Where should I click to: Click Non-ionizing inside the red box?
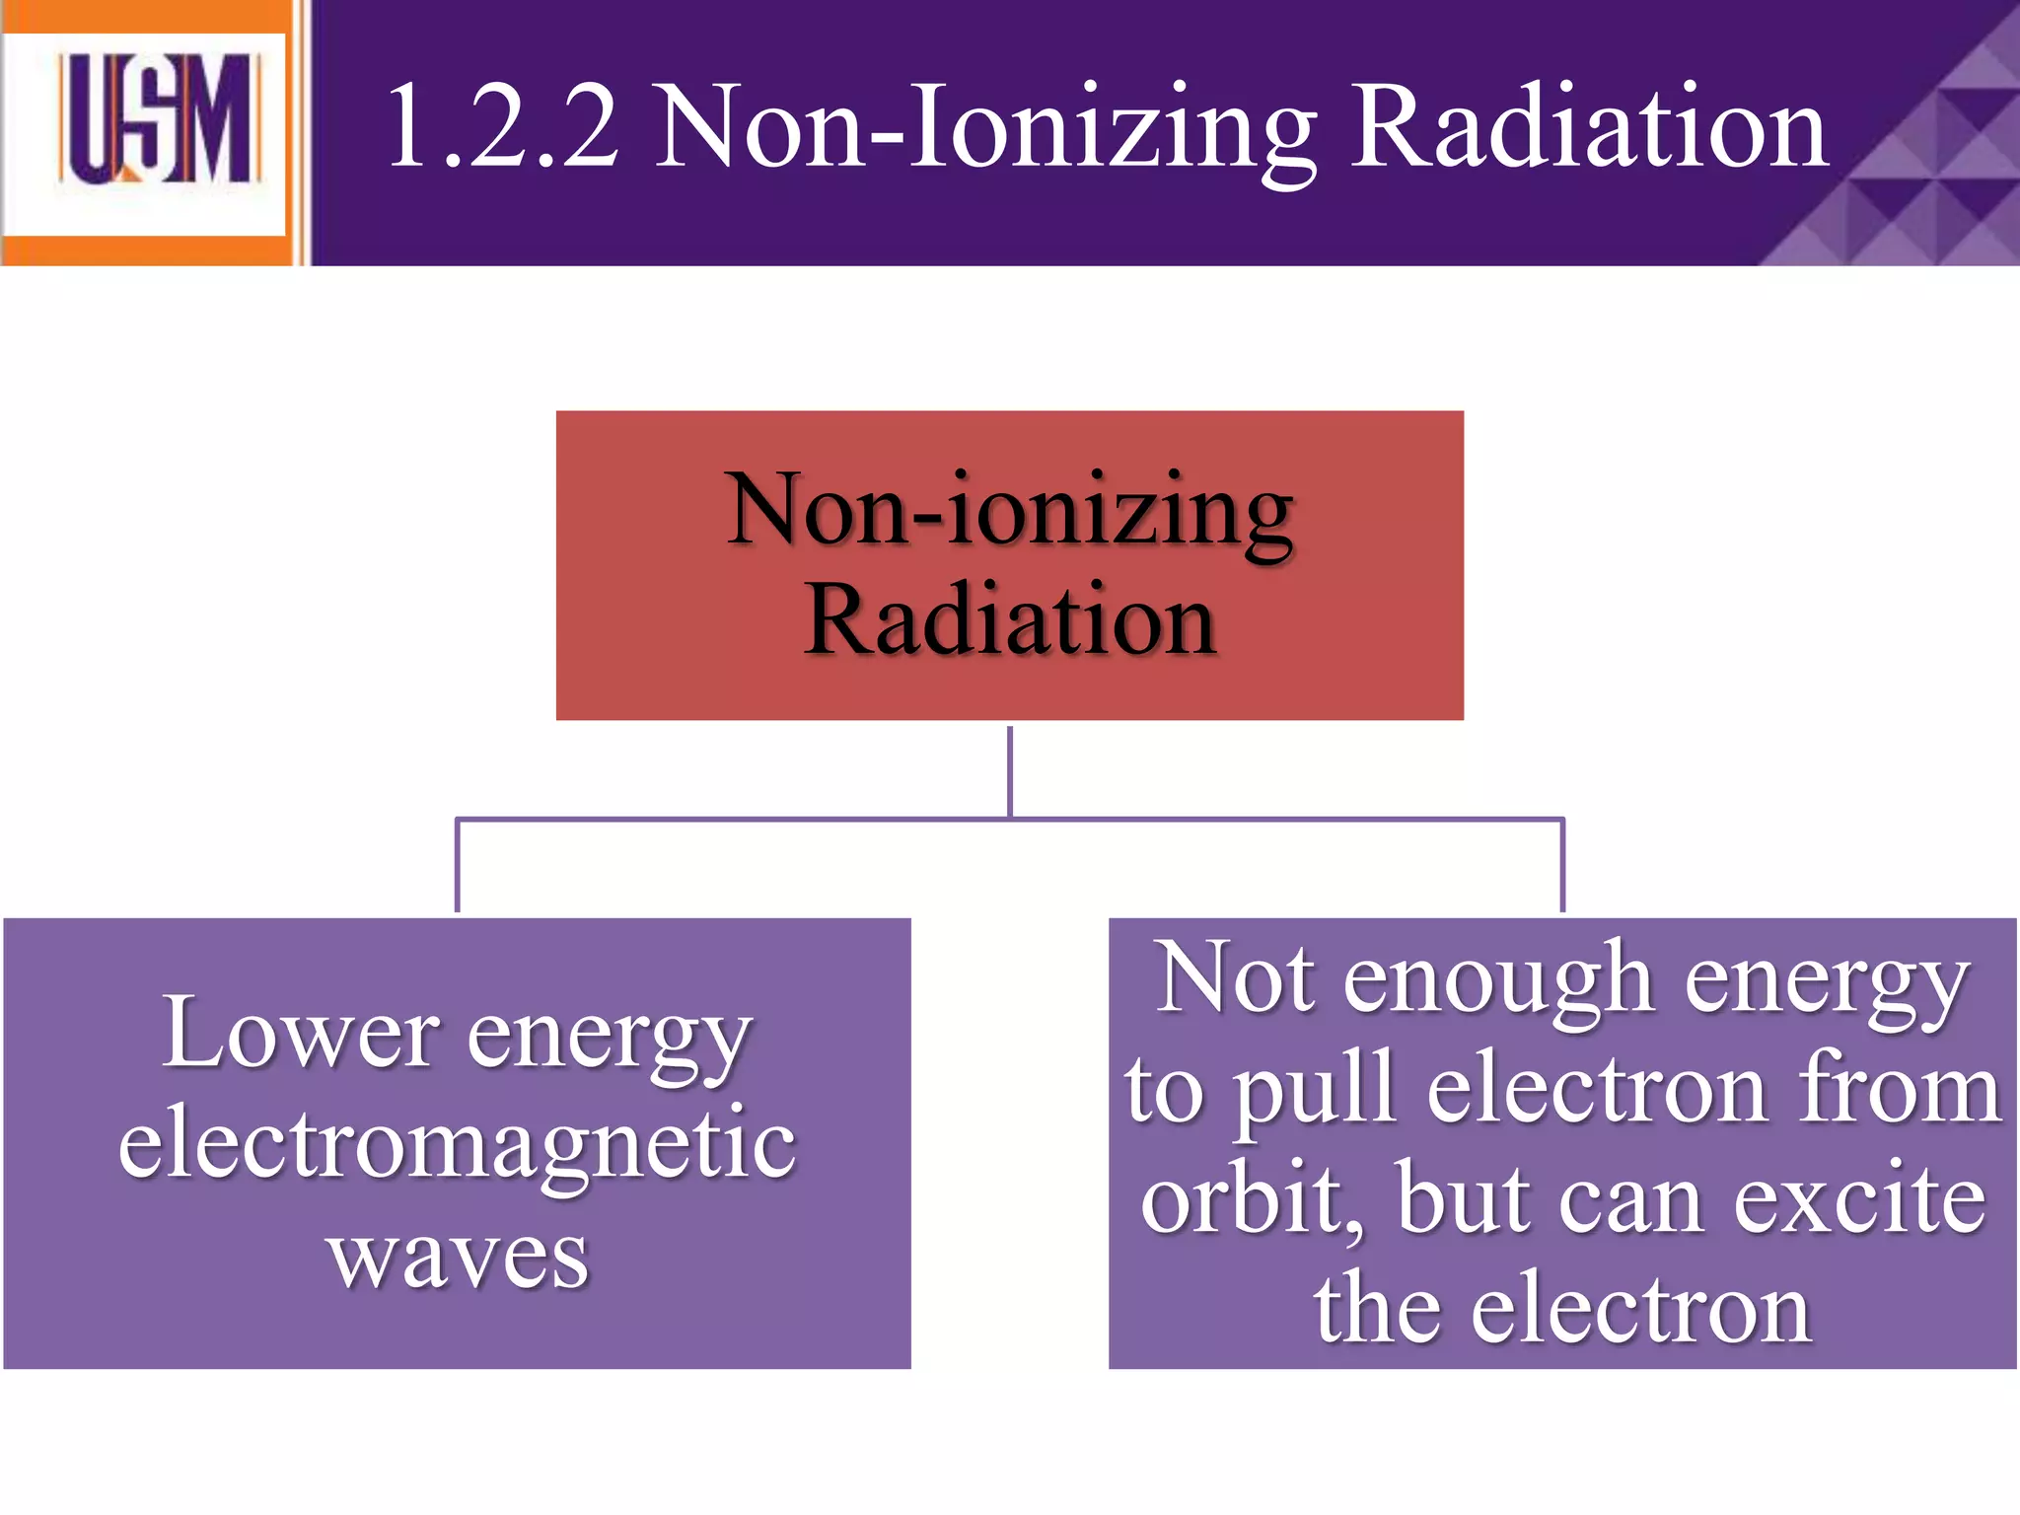click(x=1010, y=511)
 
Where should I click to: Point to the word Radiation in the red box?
click(x=1010, y=619)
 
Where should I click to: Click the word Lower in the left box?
click(x=300, y=1034)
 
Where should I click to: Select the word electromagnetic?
click(x=457, y=1144)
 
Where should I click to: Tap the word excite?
click(x=1859, y=1199)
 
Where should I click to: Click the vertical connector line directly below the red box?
click(x=1010, y=771)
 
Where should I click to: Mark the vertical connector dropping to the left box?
click(x=457, y=866)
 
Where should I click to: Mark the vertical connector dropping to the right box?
click(x=1563, y=866)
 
